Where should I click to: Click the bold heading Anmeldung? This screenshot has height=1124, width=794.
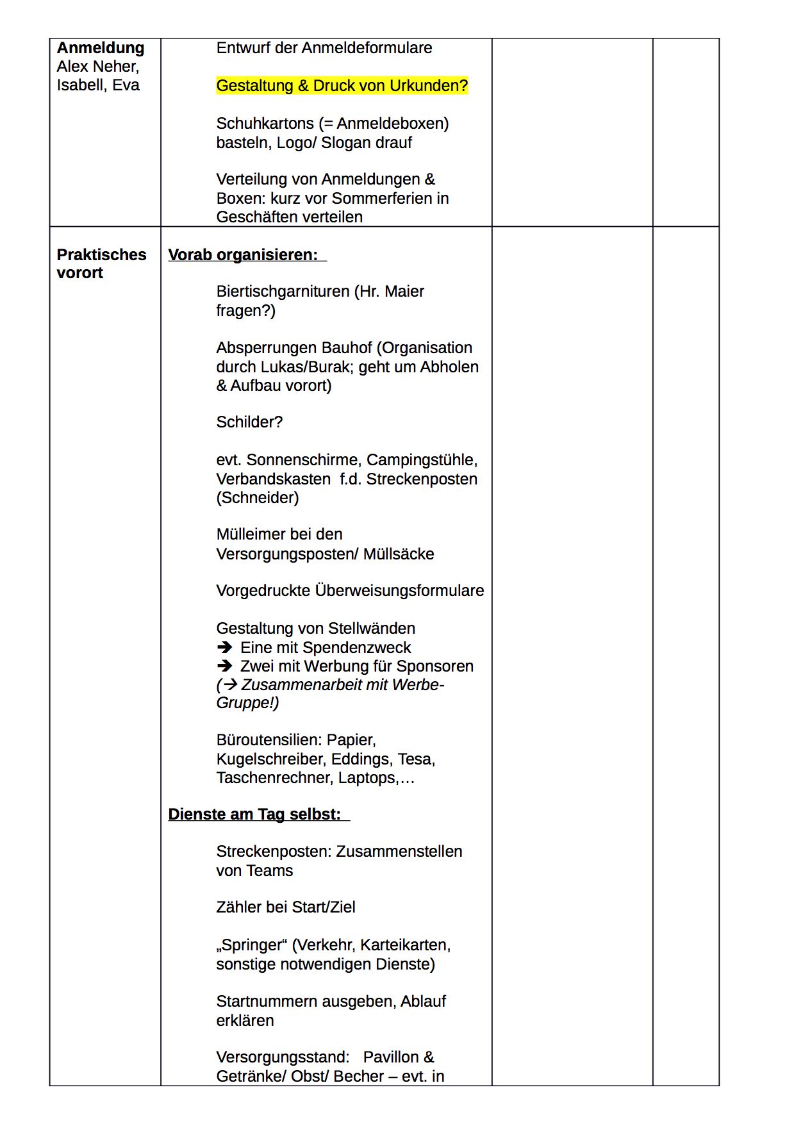pyautogui.click(x=101, y=48)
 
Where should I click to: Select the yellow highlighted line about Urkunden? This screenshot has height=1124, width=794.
pyautogui.click(x=342, y=86)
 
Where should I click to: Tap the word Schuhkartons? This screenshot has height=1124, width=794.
pyautogui.click(x=265, y=124)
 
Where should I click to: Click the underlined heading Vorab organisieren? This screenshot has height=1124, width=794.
pyautogui.click(x=243, y=255)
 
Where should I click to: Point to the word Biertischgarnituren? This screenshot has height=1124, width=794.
pyautogui.click(x=283, y=292)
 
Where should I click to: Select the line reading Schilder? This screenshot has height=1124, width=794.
pyautogui.click(x=249, y=422)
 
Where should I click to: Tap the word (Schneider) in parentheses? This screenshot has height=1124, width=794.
pyautogui.click(x=258, y=498)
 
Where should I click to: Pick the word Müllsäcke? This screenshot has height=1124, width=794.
pyautogui.click(x=399, y=554)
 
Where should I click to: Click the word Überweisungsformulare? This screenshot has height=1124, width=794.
pyautogui.click(x=399, y=591)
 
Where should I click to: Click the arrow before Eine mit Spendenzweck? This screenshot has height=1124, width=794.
pyautogui.click(x=224, y=648)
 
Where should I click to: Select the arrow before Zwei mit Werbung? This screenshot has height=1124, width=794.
pyautogui.click(x=224, y=666)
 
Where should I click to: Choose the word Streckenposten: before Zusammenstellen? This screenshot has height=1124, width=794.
pyautogui.click(x=274, y=852)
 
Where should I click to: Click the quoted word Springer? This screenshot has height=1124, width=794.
pyautogui.click(x=252, y=945)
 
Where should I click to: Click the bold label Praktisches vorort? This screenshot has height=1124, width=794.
pyautogui.click(x=101, y=264)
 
